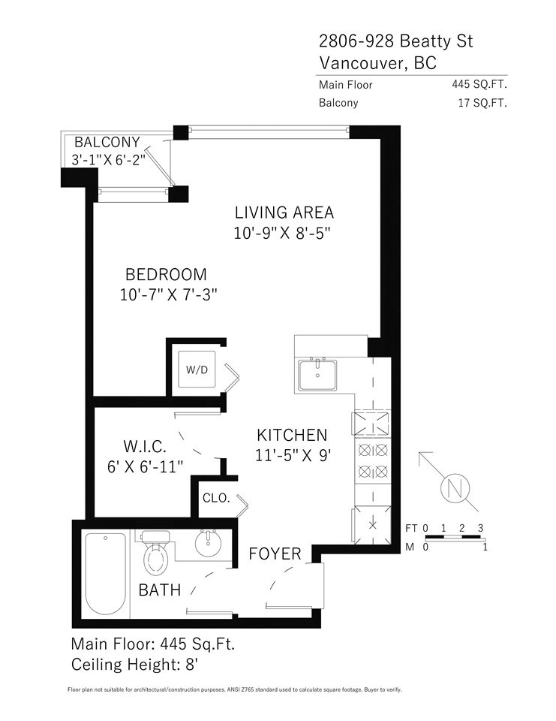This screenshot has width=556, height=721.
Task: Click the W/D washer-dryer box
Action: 197,369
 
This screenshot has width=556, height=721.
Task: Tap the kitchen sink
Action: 317,374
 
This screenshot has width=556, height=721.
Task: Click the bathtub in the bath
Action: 106,573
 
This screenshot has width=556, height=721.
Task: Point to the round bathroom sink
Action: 208,543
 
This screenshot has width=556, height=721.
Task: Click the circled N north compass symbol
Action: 455,488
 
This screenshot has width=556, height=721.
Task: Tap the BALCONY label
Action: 107,142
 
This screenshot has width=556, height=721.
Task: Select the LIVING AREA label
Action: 284,213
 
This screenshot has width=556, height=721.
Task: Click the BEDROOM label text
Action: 166,275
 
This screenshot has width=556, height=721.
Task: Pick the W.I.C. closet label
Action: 144,446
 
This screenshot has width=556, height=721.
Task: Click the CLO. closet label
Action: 216,498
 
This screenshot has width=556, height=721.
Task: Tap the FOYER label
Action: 275,554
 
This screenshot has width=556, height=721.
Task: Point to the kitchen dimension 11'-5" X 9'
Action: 293,455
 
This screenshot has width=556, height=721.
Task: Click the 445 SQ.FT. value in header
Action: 479,84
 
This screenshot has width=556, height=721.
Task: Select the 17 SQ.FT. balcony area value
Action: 482,103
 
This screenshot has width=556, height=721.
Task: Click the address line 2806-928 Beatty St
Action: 395,41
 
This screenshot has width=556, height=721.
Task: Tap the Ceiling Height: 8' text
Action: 134,665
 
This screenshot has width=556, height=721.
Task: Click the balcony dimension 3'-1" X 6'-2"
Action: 109,160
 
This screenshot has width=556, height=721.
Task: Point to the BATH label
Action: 160,590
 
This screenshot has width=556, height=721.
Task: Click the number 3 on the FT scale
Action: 480,528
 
